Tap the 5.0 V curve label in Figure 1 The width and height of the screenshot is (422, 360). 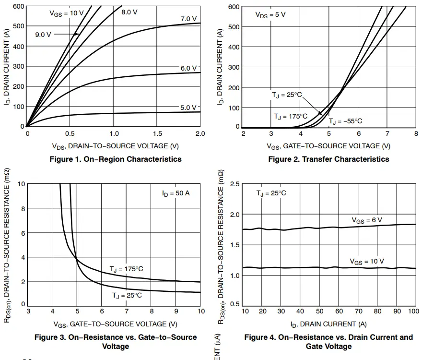pyautogui.click(x=188, y=108)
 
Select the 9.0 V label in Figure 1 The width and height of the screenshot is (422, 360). pyautogui.click(x=43, y=35)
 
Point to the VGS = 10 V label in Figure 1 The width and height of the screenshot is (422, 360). pyautogui.click(x=66, y=13)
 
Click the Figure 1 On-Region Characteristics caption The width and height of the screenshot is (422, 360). pyautogui.click(x=116, y=159)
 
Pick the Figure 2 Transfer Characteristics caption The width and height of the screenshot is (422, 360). pyautogui.click(x=328, y=159)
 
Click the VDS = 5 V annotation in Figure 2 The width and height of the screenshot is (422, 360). pyautogui.click(x=270, y=14)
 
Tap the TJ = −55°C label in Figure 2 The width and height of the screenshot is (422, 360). pyautogui.click(x=345, y=121)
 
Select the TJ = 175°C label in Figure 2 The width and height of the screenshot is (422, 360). pyautogui.click(x=291, y=116)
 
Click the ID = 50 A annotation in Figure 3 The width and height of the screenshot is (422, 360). pyautogui.click(x=176, y=193)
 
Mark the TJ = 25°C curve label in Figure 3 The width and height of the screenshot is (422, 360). pyautogui.click(x=127, y=295)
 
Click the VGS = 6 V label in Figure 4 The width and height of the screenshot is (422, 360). pyautogui.click(x=367, y=220)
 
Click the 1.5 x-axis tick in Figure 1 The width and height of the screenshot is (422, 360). pyautogui.click(x=157, y=134)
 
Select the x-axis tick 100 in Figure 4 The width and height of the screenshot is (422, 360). pyautogui.click(x=413, y=312)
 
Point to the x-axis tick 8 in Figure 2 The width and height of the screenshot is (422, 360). pyautogui.click(x=416, y=134)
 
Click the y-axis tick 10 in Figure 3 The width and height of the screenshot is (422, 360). pyautogui.click(x=22, y=184)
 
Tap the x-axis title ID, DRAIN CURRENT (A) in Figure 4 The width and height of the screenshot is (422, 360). pyautogui.click(x=328, y=324)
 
